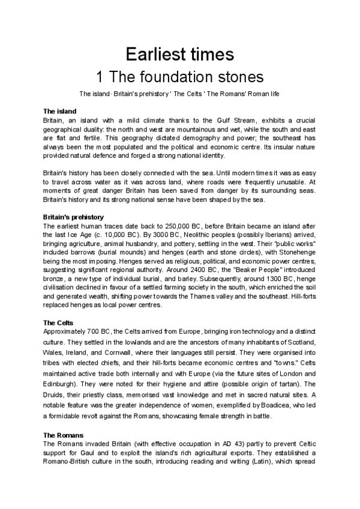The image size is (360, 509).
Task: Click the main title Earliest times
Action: (x=179, y=55)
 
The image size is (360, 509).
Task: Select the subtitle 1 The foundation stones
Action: (x=179, y=77)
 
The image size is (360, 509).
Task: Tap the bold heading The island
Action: (x=60, y=111)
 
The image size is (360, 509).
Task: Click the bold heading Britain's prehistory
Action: (x=74, y=217)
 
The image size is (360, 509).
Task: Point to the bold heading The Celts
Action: (x=59, y=322)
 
